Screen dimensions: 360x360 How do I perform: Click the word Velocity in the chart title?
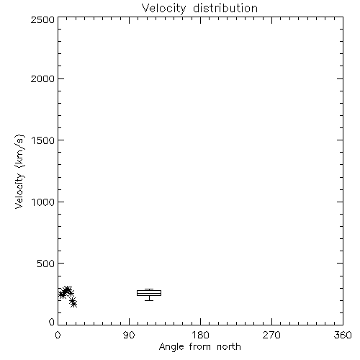pos(163,9)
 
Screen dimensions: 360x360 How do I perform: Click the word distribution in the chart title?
pos(225,8)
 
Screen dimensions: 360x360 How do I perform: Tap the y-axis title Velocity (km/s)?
pos(19,171)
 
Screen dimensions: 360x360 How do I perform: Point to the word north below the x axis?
pos(229,346)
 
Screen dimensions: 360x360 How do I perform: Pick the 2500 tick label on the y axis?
pos(42,19)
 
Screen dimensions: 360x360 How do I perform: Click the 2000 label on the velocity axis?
pos(42,78)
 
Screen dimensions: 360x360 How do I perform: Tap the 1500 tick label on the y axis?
pos(43,140)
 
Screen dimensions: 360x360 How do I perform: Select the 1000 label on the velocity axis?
pos(43,202)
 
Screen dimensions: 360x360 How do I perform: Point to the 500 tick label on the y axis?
pos(46,264)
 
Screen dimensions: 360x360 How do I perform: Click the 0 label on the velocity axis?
pos(52,322)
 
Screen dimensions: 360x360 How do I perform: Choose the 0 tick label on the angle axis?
pos(58,335)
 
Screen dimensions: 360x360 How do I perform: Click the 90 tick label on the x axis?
pos(129,335)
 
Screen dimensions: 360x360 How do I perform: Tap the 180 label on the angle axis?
pos(200,335)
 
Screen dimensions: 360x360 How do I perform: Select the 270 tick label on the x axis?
pos(271,335)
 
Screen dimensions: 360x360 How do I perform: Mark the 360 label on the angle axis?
pos(343,335)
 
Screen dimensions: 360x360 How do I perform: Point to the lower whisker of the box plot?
pos(149,298)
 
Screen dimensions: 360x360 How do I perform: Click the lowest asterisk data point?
pos(74,304)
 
